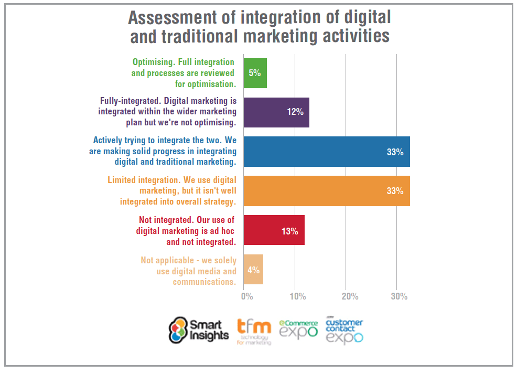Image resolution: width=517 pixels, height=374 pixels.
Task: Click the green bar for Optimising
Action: point(255,73)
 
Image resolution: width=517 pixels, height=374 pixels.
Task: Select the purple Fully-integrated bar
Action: point(276,112)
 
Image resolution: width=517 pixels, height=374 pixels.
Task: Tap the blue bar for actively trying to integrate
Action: point(327,152)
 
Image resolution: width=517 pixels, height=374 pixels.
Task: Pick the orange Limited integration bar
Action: point(327,191)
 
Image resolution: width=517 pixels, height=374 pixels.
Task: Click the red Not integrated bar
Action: point(274,230)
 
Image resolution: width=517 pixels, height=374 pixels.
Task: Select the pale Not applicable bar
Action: point(253,270)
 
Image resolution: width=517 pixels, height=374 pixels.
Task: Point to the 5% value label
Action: point(255,73)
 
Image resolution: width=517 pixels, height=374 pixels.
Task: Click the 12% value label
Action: point(295,113)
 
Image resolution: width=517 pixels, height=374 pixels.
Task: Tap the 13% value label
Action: point(289,231)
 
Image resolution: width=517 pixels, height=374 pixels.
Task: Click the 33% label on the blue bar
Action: point(395,152)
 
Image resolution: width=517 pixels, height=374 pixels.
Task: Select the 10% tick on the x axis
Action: point(297,297)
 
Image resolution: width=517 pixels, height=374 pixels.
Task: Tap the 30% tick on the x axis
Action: point(399,297)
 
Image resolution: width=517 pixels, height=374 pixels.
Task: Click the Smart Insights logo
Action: point(199,330)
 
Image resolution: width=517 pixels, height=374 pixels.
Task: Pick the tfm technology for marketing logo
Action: point(254,331)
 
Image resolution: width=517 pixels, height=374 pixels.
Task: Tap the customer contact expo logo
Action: point(344,330)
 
